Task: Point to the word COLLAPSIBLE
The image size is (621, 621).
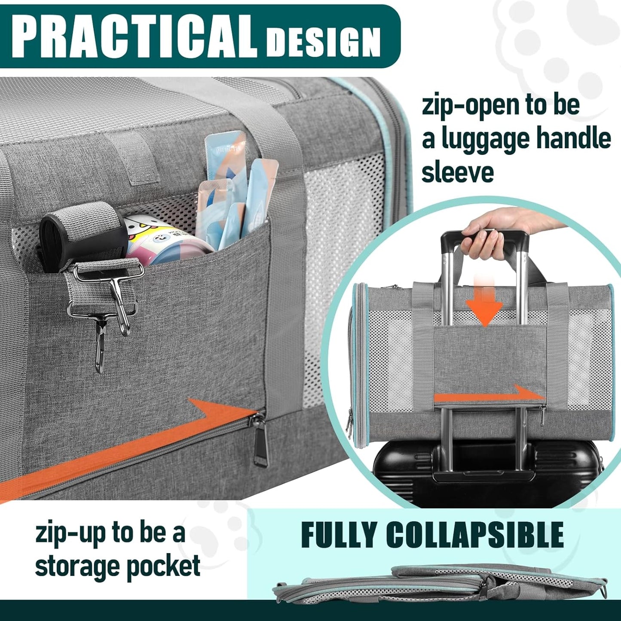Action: (474, 535)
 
